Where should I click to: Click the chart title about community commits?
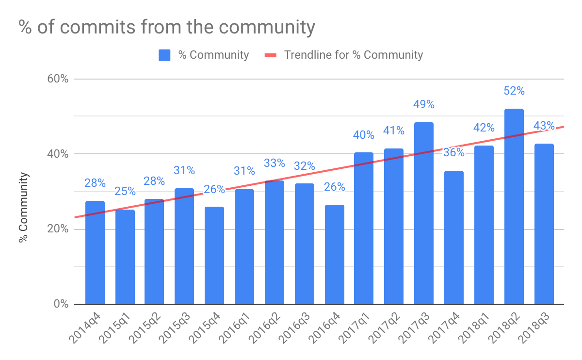click(x=167, y=27)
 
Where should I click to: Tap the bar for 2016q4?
click(x=334, y=254)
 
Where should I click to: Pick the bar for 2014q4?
click(x=95, y=252)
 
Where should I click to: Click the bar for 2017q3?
click(x=424, y=213)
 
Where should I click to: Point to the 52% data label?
click(x=514, y=91)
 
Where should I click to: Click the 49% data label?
click(x=424, y=104)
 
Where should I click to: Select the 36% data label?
click(x=454, y=152)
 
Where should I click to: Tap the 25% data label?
click(x=125, y=191)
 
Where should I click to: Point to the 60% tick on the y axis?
click(x=58, y=79)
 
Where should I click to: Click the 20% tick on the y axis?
click(x=58, y=229)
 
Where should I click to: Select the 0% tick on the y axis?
click(x=61, y=304)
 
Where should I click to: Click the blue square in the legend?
click(x=164, y=55)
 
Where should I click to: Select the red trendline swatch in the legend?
click(x=270, y=55)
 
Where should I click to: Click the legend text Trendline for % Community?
click(x=353, y=55)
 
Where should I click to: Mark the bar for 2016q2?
click(x=275, y=242)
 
